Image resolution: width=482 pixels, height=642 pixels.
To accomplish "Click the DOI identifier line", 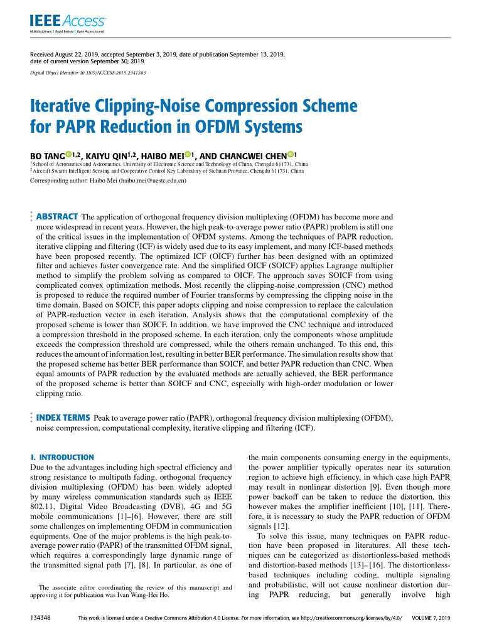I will coord(88,73).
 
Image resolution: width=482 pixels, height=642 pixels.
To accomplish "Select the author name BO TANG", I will coord(48,155).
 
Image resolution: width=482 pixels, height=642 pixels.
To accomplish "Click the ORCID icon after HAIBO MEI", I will coord(186,154).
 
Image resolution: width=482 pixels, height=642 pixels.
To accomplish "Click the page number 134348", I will coord(40,618).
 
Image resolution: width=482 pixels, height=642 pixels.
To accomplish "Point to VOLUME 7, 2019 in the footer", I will coord(431,618).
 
